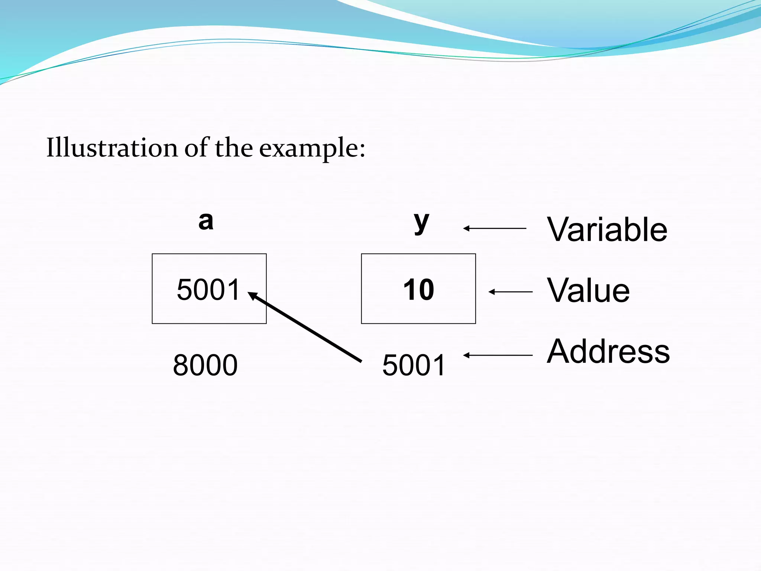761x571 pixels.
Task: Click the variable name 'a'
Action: pyautogui.click(x=206, y=222)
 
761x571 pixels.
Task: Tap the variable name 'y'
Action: pyautogui.click(x=421, y=222)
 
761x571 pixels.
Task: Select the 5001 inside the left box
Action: pyautogui.click(x=208, y=290)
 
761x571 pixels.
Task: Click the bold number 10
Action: pyautogui.click(x=418, y=290)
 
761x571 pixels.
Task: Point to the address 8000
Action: pyautogui.click(x=205, y=365)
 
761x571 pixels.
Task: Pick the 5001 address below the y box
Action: pyautogui.click(x=414, y=365)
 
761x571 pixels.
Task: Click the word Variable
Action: pyautogui.click(x=607, y=230)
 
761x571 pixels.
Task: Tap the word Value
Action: pyautogui.click(x=588, y=290)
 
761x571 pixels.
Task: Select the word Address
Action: pyautogui.click(x=608, y=351)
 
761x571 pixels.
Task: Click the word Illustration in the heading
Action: pyautogui.click(x=111, y=148)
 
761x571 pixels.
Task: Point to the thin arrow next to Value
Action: pyautogui.click(x=511, y=292)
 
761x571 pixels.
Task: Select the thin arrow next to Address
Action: pyautogui.click(x=498, y=355)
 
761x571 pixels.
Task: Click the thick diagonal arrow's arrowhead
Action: pyautogui.click(x=253, y=296)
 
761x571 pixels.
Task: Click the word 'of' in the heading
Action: pyautogui.click(x=197, y=148)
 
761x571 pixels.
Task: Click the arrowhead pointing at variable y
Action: pyautogui.click(x=466, y=228)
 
